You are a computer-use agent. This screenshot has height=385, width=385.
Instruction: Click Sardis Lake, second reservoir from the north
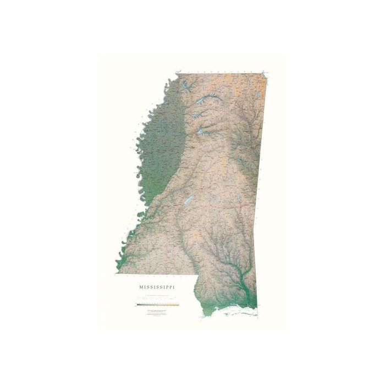tap(208, 100)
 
